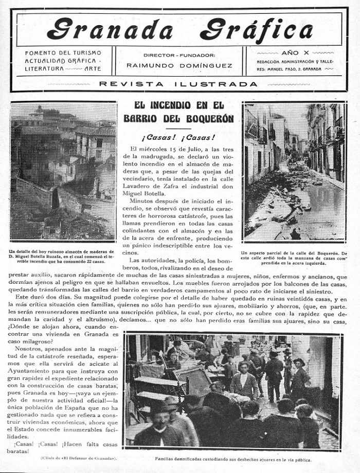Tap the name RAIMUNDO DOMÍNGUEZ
pos(179,66)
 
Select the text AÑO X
pos(295,53)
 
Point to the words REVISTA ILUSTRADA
pos(178,84)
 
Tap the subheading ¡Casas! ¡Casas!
pos(178,137)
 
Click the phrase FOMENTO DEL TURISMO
pos(63,53)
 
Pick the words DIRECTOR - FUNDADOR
pos(179,55)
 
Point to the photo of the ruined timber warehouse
pos(63,171)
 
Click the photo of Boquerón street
pos(295,172)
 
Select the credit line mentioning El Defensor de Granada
pos(77,458)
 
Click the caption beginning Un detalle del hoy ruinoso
pos(63,256)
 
